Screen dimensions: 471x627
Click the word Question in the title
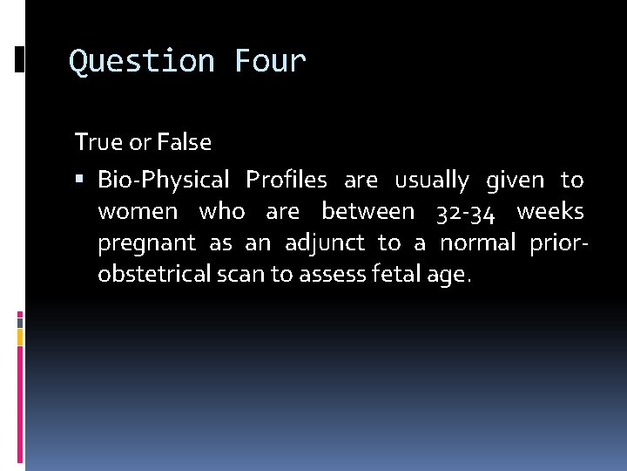(142, 62)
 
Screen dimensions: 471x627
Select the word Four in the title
(270, 62)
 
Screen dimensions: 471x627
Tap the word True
(97, 141)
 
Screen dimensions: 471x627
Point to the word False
(183, 141)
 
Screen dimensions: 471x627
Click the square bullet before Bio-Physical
(80, 181)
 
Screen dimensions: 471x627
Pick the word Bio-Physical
(164, 181)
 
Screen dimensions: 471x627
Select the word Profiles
(287, 181)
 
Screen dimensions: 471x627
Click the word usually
(432, 181)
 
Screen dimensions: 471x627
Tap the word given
(515, 181)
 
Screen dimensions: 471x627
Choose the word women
(138, 212)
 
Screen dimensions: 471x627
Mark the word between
(367, 212)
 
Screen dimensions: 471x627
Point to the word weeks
(550, 212)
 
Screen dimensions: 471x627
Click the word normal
(477, 243)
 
